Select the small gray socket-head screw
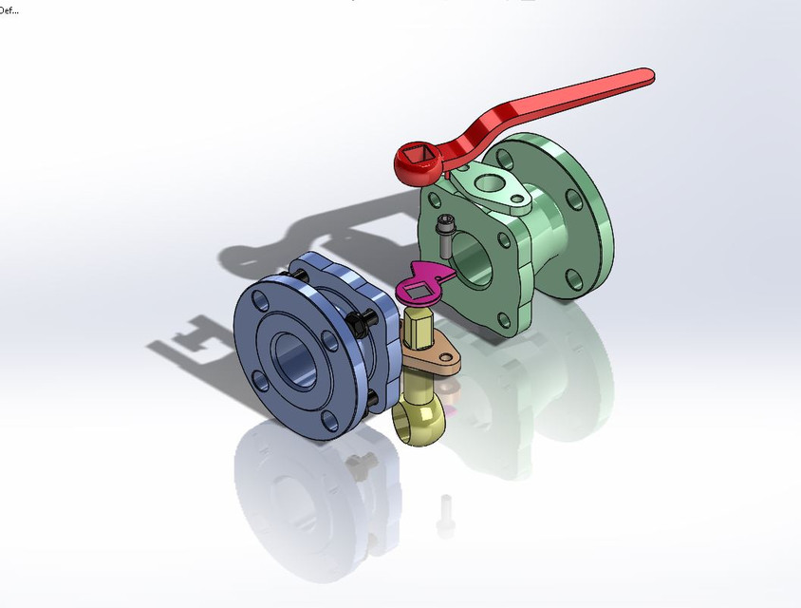point(444,235)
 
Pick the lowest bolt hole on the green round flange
point(573,277)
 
